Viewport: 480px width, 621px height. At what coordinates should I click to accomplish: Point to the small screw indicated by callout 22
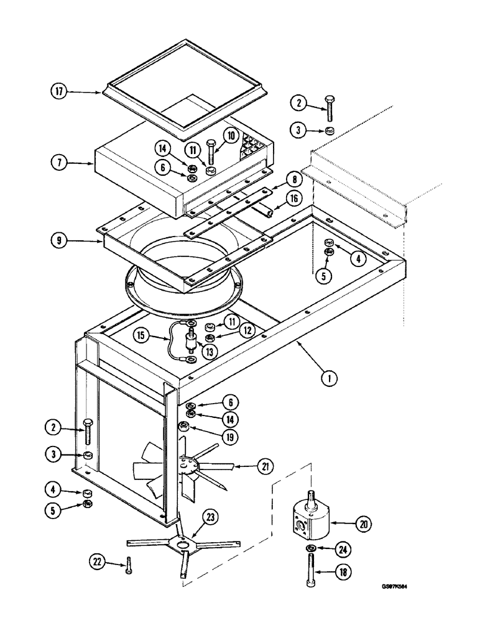(127, 562)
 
